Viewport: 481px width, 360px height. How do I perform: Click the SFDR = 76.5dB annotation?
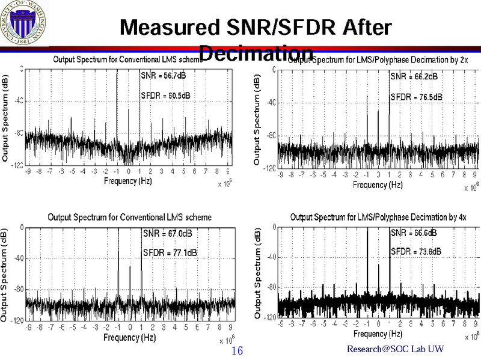coord(417,97)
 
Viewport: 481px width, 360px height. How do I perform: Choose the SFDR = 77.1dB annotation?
coord(169,252)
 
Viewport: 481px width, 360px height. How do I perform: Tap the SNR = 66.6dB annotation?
coord(414,233)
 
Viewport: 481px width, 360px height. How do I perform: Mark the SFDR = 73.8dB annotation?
coord(417,251)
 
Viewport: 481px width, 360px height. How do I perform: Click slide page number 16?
coord(236,350)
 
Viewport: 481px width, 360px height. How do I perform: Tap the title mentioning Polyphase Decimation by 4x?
coord(378,216)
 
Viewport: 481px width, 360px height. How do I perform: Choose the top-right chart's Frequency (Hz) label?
coord(378,185)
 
